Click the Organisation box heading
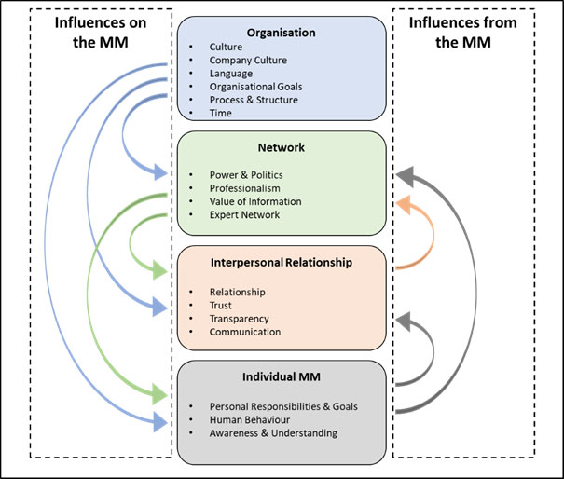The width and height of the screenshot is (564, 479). (281, 33)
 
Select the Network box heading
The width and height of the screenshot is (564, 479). (281, 147)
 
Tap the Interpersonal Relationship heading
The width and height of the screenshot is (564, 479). (281, 263)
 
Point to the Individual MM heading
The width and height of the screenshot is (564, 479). (281, 377)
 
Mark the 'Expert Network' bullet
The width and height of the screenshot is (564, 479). (244, 214)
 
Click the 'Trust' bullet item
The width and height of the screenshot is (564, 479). (221, 305)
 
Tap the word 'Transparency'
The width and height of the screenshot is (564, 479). (240, 318)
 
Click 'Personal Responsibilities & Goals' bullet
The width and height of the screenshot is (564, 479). (282, 406)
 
